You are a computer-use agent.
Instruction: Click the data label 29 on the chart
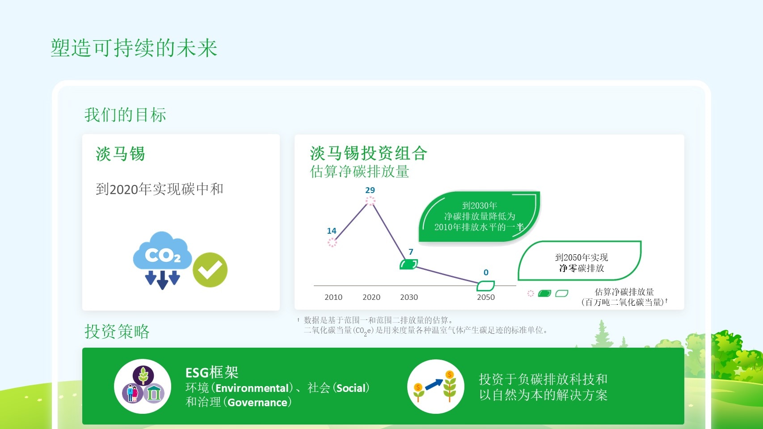click(370, 190)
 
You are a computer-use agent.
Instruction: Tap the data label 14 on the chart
click(331, 231)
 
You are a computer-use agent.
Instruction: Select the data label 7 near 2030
click(411, 252)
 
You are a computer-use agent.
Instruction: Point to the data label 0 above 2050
click(486, 273)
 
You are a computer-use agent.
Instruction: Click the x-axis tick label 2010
click(333, 297)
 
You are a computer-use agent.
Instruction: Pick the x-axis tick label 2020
click(371, 297)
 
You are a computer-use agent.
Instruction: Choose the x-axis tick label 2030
click(409, 297)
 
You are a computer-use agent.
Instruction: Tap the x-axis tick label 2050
click(486, 297)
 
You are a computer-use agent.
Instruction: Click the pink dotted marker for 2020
click(370, 201)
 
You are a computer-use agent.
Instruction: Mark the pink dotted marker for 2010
click(332, 242)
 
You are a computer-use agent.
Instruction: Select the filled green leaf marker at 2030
click(409, 264)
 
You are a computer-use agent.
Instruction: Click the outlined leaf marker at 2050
click(486, 286)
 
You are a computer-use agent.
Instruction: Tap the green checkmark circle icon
click(210, 269)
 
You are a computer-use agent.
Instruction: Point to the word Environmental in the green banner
click(253, 388)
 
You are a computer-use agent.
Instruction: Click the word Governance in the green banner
click(257, 403)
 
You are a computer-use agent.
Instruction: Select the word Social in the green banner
click(351, 388)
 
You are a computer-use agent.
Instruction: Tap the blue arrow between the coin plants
click(434, 384)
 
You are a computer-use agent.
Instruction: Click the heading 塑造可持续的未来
click(134, 48)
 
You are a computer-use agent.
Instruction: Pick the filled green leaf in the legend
click(544, 294)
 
